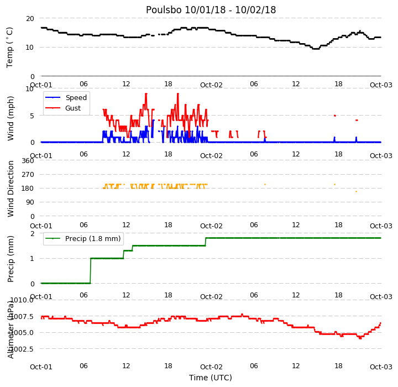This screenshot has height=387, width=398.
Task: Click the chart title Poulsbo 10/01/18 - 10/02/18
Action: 211,10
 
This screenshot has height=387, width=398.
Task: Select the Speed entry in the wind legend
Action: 76,97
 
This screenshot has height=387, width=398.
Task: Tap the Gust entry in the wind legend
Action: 73,108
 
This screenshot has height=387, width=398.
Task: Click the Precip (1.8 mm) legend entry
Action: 93,239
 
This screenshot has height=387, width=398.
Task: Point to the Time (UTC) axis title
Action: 211,378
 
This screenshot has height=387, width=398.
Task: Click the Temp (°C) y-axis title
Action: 9,48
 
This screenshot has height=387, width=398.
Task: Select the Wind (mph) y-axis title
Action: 11,118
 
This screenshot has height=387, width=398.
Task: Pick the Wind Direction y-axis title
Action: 11,189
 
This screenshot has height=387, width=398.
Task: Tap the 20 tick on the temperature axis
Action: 30,19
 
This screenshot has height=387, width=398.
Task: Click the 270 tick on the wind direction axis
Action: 28,175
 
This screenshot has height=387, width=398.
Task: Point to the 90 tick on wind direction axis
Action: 30,202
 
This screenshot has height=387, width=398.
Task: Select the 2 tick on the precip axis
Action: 32,234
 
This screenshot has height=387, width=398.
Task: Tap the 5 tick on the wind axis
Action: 32,116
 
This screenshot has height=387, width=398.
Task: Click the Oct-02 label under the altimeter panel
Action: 211,367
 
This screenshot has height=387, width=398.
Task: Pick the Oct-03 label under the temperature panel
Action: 381,85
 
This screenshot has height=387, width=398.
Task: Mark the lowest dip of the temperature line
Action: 316,49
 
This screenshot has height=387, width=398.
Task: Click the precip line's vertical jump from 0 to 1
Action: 91,271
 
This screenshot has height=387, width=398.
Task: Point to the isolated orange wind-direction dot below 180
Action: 356,192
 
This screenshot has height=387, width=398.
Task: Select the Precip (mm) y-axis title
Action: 11,259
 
